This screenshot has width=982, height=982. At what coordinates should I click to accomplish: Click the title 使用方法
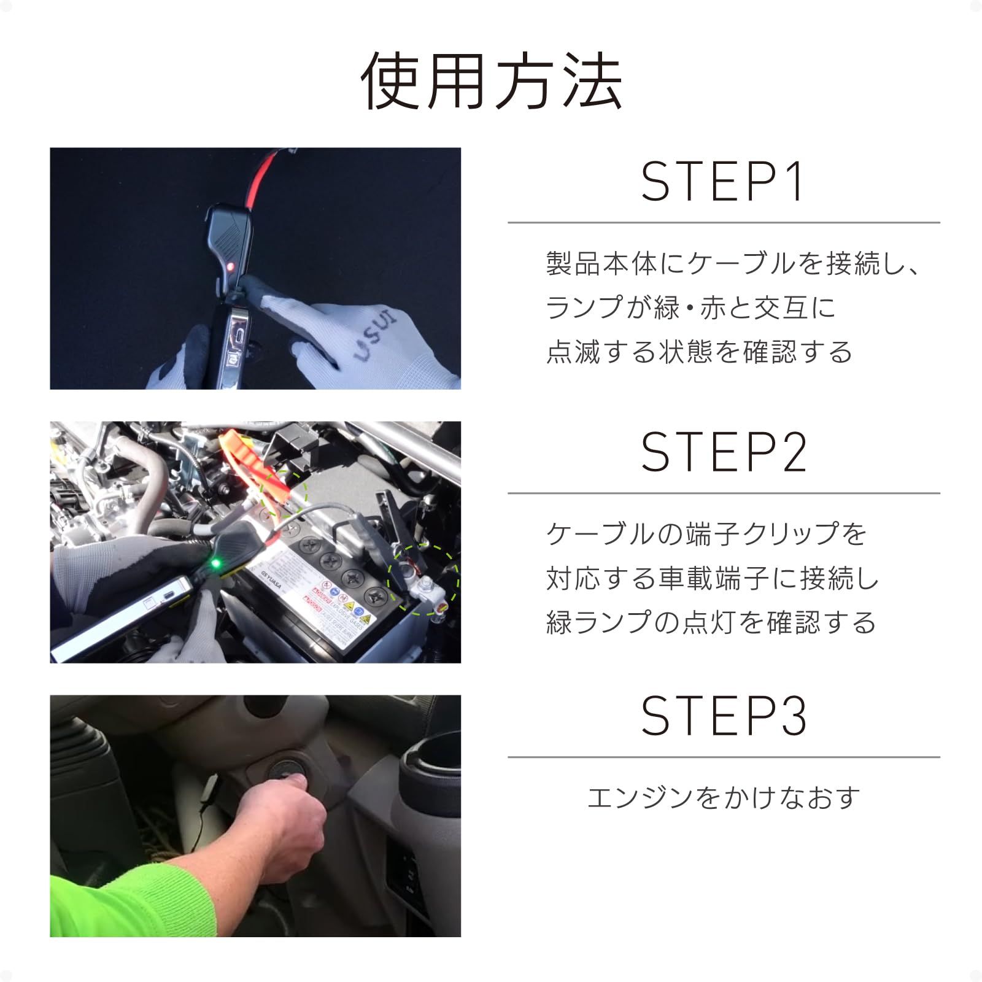(491, 82)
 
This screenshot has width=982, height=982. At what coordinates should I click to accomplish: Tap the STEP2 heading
(723, 452)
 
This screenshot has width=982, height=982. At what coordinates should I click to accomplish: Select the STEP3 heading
(723, 716)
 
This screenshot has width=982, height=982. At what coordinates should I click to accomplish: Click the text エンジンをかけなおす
(723, 798)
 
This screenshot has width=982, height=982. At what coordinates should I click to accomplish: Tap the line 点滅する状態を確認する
(699, 352)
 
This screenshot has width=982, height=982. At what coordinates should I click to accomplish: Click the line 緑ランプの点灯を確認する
(711, 622)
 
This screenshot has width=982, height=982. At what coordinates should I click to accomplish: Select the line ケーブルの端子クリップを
(706, 534)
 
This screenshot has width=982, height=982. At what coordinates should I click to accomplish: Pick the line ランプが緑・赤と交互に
(690, 307)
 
